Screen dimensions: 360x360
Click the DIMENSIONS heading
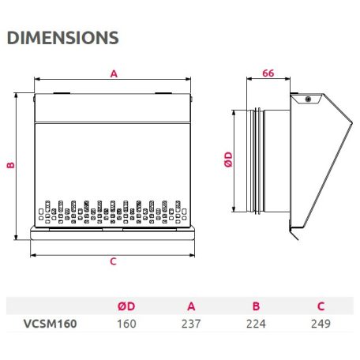coord(62,37)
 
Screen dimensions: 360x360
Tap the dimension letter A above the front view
coord(114,73)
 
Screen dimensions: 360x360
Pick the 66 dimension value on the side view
coord(267,73)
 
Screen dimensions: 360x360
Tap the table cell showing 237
coord(190,323)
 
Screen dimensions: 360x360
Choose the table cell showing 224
coord(255,323)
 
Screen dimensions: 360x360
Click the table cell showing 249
coord(320,323)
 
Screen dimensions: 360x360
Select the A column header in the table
coord(190,306)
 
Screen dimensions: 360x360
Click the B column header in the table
coord(255,306)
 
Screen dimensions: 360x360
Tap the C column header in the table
coord(320,306)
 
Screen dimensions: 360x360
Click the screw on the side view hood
coord(307,99)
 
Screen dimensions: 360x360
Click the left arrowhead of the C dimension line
coord(33,254)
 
